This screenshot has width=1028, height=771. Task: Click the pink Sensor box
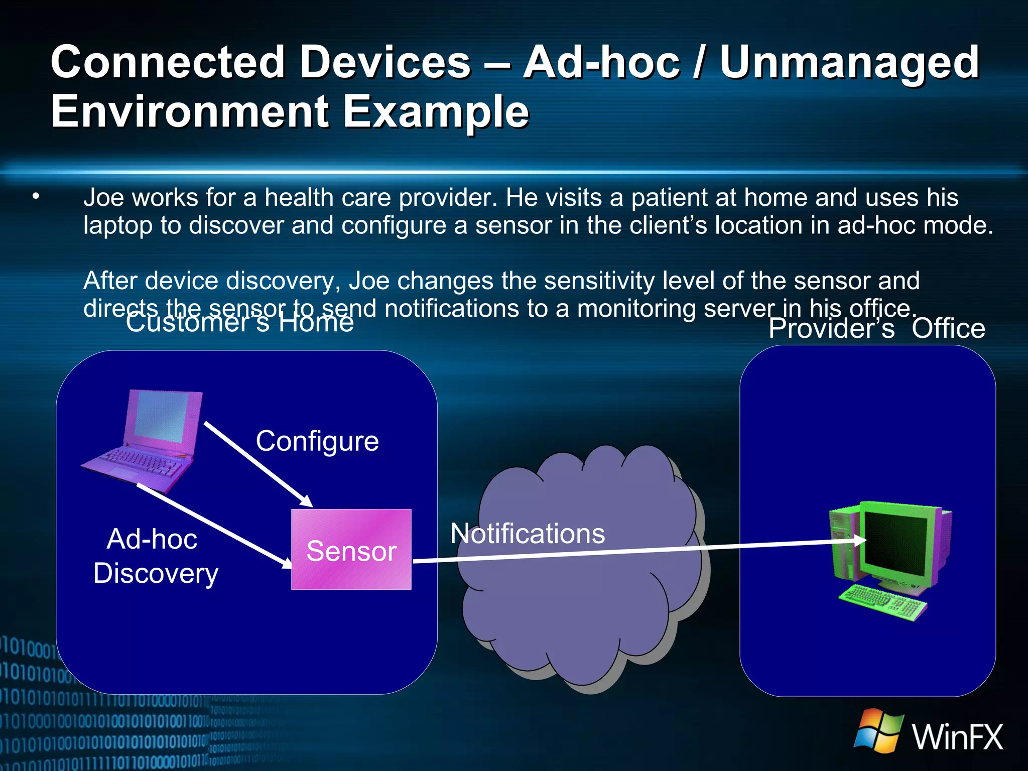tap(351, 549)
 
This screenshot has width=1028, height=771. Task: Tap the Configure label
tap(317, 441)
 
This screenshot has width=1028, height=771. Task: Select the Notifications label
tap(528, 533)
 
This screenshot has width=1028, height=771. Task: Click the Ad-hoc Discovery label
tap(155, 556)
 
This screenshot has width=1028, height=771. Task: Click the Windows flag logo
tap(878, 730)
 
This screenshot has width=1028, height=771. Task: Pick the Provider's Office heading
tap(876, 329)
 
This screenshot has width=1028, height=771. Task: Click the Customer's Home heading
tap(239, 322)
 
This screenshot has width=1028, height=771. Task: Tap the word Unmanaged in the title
tap(849, 62)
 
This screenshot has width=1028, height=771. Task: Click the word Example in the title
tap(436, 111)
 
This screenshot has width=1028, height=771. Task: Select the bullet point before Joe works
tap(35, 197)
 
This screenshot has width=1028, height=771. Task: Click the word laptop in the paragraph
tap(117, 225)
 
